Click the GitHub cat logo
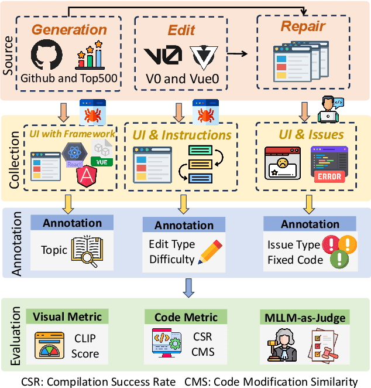click(46, 56)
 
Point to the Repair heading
click(303, 26)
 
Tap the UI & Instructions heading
click(183, 135)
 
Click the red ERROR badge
click(328, 176)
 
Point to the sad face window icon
click(283, 163)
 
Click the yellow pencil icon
click(208, 251)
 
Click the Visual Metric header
click(67, 316)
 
